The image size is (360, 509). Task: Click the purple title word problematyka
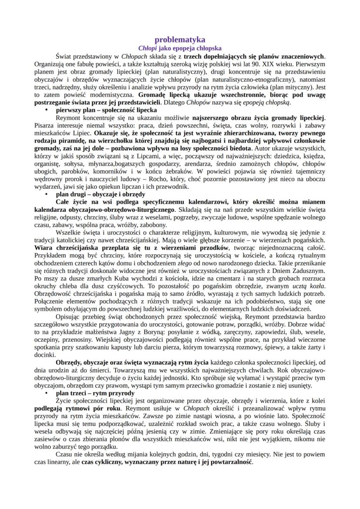tap(180, 40)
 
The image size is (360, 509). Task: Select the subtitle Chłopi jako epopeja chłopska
tap(180, 48)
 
